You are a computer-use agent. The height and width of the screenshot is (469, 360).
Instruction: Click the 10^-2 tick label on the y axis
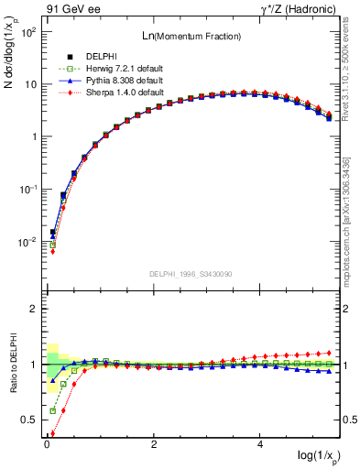click(x=28, y=242)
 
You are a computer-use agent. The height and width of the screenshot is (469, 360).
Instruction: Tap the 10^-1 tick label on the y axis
click(x=28, y=190)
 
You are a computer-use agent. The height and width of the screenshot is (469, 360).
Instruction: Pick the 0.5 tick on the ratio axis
click(x=27, y=420)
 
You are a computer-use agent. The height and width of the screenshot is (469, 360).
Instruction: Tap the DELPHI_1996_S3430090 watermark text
click(x=191, y=275)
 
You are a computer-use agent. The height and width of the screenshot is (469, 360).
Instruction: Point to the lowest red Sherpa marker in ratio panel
click(x=52, y=434)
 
